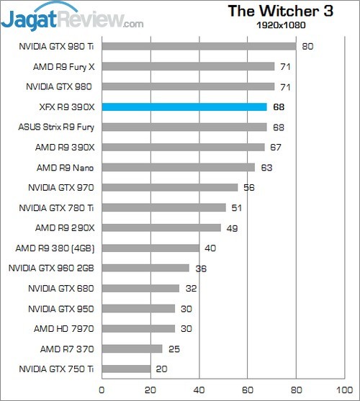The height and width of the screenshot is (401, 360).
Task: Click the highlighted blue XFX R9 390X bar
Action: [184, 107]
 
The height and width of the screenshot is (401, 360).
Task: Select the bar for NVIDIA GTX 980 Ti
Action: [199, 47]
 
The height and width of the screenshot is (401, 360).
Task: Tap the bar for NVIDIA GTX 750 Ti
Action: [126, 369]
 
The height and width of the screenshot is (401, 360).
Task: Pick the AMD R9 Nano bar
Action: [178, 168]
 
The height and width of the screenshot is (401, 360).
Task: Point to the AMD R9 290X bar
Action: [161, 228]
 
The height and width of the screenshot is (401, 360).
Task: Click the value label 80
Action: [306, 47]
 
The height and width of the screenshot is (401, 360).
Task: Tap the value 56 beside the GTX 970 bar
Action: [248, 188]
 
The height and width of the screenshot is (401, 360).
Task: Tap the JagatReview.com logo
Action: [72, 16]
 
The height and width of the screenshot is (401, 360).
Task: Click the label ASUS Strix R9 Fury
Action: [56, 127]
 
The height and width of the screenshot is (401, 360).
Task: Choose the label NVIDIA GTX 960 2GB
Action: [52, 269]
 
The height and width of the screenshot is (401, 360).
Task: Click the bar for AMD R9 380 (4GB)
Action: [150, 248]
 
